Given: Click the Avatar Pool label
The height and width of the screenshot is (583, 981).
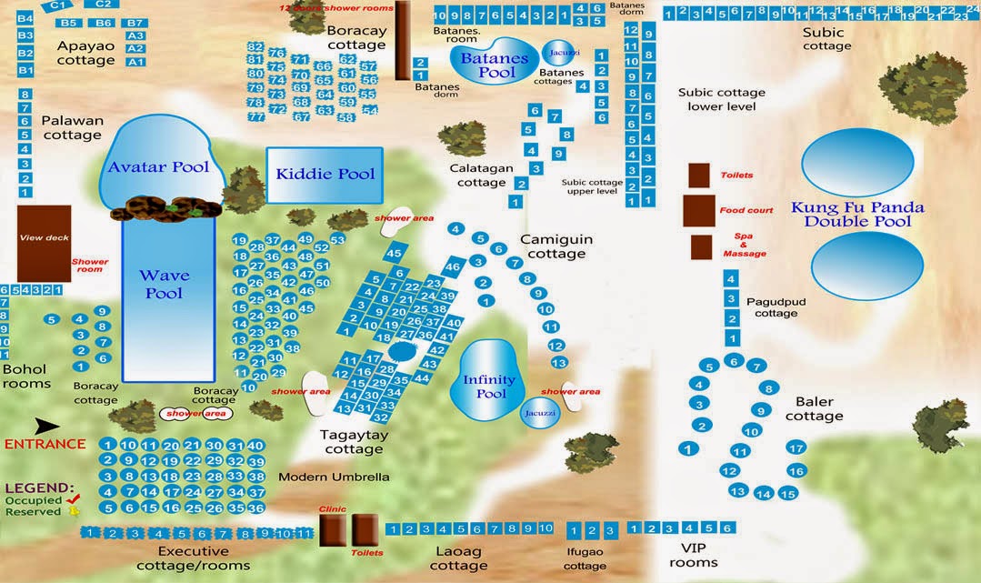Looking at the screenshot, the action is (158, 166).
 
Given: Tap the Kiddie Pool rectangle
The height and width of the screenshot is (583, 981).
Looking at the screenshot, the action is (325, 174).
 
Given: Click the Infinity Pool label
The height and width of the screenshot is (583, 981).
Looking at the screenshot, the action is (489, 387).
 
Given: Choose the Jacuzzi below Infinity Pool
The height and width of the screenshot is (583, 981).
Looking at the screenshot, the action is (535, 413).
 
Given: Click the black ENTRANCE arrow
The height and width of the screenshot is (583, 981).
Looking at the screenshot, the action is (46, 425).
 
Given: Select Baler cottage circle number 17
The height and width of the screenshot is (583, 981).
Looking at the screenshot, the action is (796, 447).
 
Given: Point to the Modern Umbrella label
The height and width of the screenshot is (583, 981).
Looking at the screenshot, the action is (334, 477).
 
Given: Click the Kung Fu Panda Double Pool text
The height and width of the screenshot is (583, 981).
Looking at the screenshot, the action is (856, 214).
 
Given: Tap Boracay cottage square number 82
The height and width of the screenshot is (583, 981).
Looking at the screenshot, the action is (255, 46).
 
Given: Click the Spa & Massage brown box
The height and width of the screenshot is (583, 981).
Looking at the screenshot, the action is (701, 247).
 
